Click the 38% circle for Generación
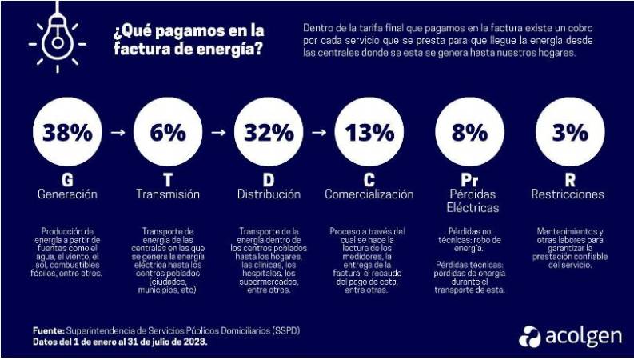click(67, 132)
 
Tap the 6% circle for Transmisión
click(167, 132)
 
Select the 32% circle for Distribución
click(269, 132)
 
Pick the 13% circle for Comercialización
click(369, 132)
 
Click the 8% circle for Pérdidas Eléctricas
click(469, 132)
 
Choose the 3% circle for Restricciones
click(569, 132)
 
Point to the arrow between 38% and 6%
click(118, 134)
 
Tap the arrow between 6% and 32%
click(218, 134)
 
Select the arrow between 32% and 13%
click(319, 134)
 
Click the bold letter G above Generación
click(67, 178)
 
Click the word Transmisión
click(167, 194)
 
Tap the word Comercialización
click(369, 194)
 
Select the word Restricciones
click(568, 194)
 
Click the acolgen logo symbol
click(529, 336)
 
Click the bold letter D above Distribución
click(269, 178)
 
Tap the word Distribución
click(269, 194)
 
